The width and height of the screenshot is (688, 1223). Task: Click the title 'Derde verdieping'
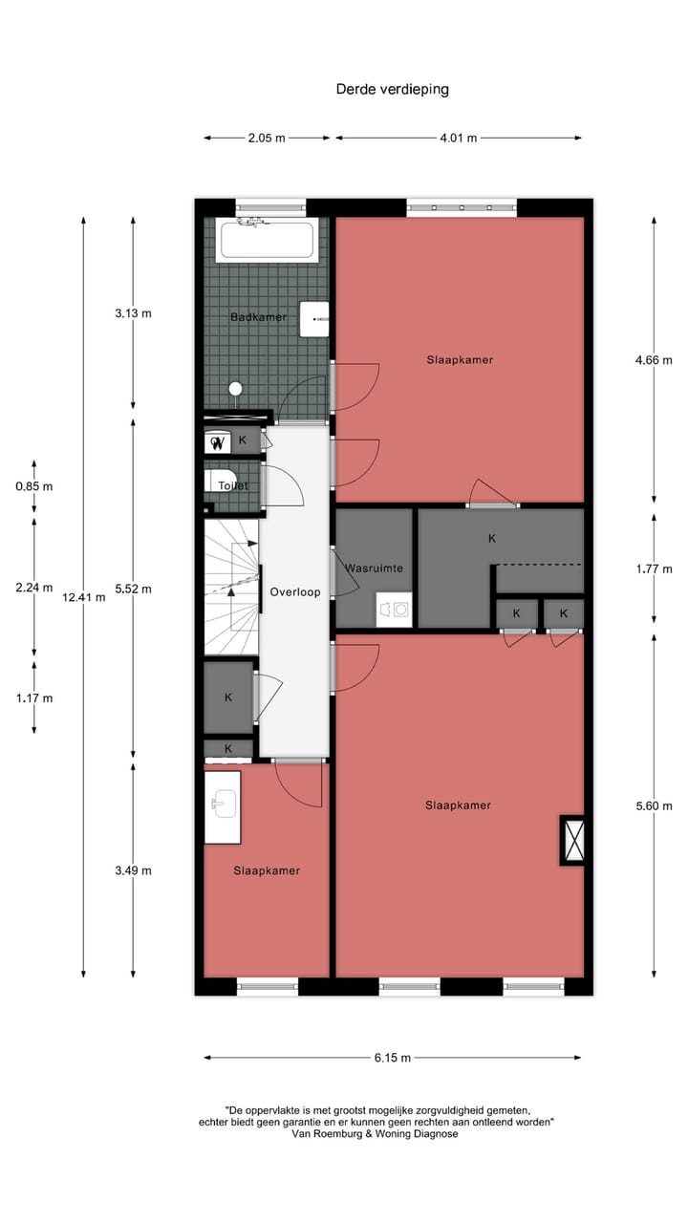pos(392,89)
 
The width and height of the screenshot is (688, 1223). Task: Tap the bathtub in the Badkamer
pos(268,241)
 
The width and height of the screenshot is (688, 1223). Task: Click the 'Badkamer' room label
pos(258,317)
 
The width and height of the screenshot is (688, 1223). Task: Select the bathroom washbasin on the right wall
pos(314,319)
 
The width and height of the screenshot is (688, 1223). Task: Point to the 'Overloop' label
pos(294,591)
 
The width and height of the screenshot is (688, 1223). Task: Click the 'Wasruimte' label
pos(374,568)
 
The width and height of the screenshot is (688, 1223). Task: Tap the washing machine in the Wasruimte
pos(393,609)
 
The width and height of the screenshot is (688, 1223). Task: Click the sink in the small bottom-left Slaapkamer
pos(223,805)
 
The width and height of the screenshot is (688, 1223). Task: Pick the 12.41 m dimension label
pos(83,597)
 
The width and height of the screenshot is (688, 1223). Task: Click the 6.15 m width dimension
pos(392,1058)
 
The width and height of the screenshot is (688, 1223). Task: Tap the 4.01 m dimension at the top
pos(458,138)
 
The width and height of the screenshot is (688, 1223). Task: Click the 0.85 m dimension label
pos(34,485)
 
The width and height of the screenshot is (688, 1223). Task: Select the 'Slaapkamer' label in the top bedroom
pos(460,359)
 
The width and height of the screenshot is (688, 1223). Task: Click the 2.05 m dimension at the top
pos(267,138)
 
